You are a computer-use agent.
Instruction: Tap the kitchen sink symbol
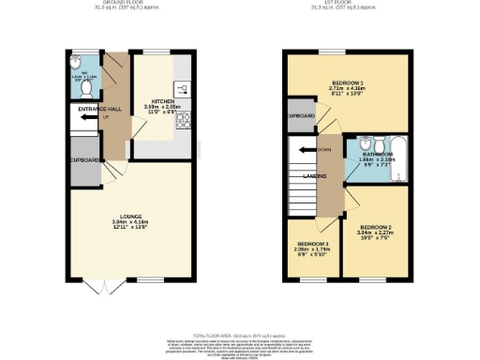[x=184, y=90]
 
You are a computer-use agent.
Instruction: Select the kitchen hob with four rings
[x=183, y=119]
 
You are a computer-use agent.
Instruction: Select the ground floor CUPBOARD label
[x=84, y=159]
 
